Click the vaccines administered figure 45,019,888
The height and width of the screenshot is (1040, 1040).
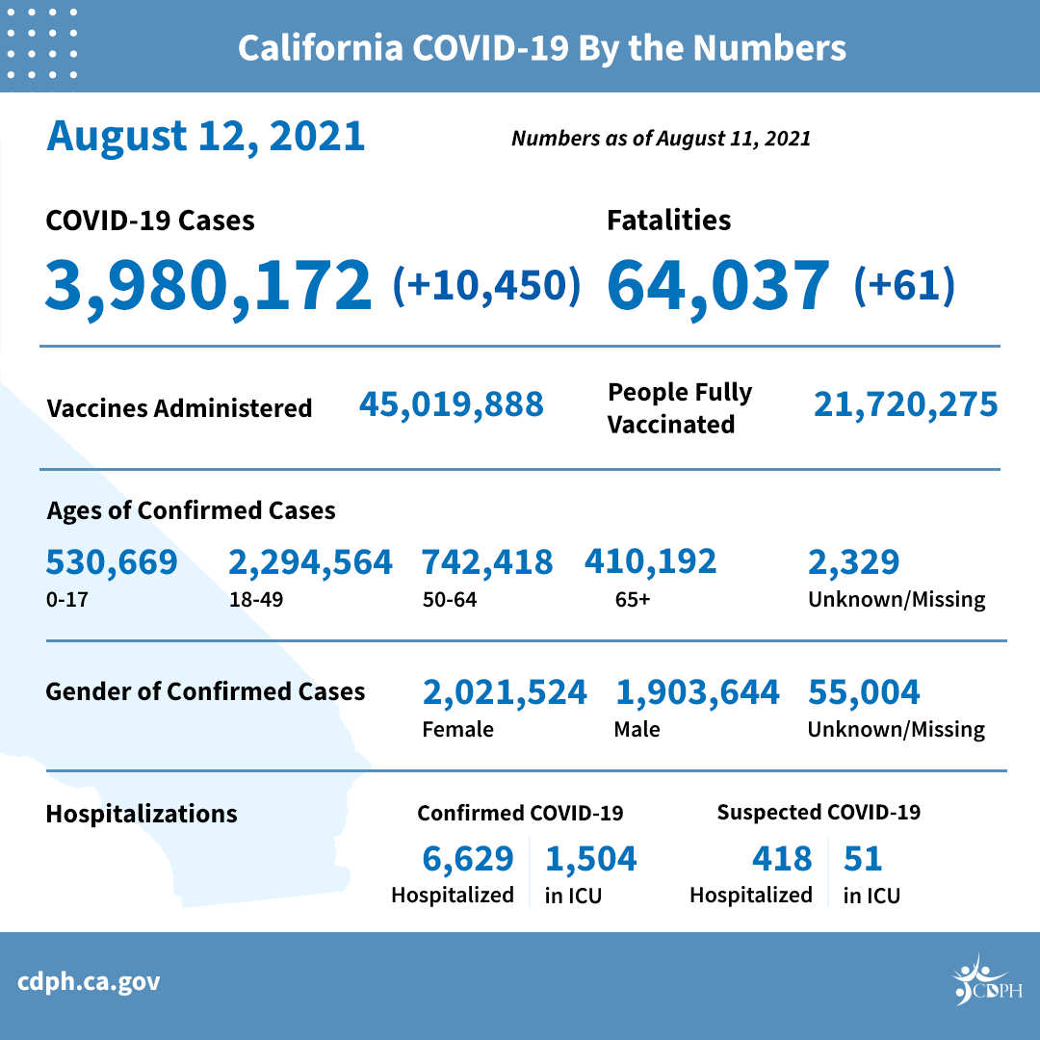(x=451, y=404)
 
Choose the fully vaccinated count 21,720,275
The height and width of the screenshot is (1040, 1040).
(x=905, y=404)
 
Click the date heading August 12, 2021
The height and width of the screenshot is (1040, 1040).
(x=206, y=136)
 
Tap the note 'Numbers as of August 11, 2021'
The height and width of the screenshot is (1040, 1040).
(x=661, y=139)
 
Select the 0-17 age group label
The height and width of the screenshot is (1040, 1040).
(x=64, y=600)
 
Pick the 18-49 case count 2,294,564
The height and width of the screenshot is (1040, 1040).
(x=310, y=561)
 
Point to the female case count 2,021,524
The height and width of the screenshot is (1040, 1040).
(x=505, y=691)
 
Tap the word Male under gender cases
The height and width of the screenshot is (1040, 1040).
(x=637, y=730)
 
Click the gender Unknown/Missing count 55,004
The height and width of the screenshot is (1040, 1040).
(x=864, y=691)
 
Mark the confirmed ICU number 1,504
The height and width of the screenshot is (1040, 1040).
(x=590, y=857)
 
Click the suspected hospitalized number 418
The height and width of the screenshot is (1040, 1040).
(x=781, y=857)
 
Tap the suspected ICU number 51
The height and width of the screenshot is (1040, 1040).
(x=863, y=857)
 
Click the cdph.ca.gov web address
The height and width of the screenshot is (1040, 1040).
(x=90, y=982)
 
